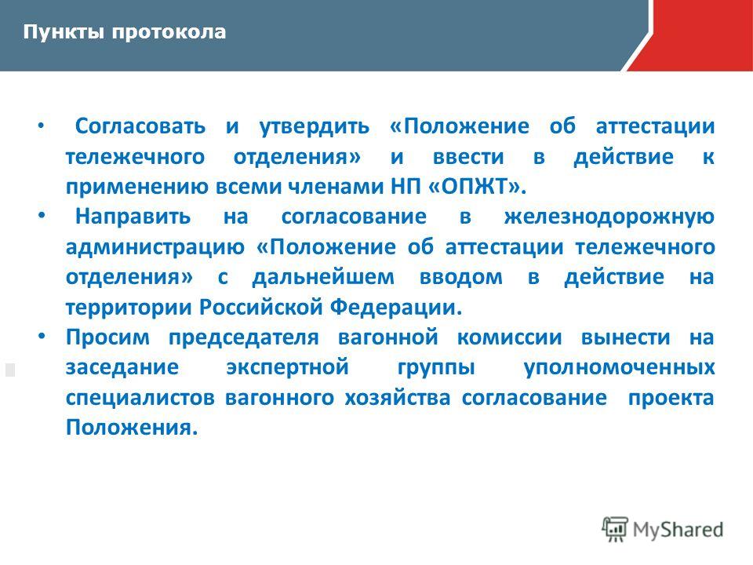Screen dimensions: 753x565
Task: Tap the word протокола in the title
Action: [169, 33]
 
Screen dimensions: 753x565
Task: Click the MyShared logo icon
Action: [615, 530]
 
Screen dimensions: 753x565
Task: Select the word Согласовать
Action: [140, 126]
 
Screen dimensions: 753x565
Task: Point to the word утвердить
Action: [315, 127]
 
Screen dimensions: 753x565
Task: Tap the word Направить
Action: [133, 217]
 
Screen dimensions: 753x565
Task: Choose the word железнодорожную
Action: [609, 217]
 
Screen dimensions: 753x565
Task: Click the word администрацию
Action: [155, 247]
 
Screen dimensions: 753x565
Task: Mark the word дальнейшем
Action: [323, 277]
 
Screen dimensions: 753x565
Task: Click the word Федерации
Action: [396, 308]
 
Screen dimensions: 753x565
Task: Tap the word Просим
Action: [107, 337]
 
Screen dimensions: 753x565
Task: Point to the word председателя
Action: [243, 337]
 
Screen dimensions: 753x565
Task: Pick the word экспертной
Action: [287, 368]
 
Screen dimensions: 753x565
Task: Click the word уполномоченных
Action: [619, 368]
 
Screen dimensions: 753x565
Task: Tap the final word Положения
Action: [132, 428]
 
